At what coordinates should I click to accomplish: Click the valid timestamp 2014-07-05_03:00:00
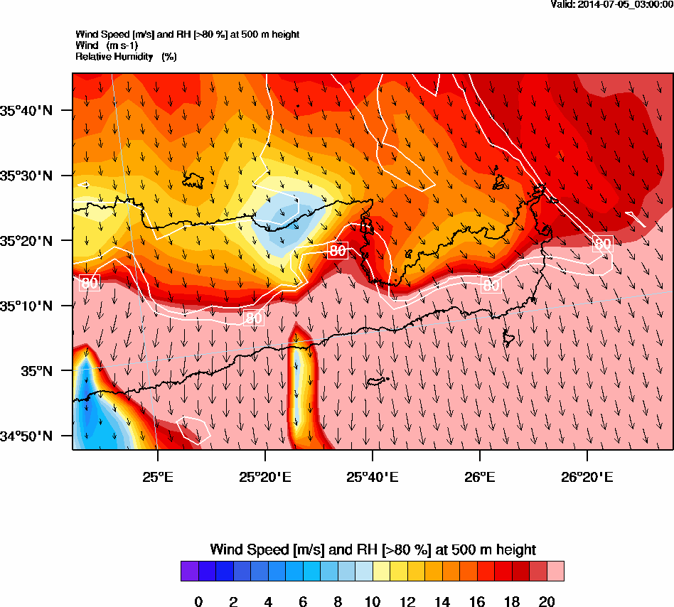[612, 4]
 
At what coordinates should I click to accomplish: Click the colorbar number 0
[198, 602]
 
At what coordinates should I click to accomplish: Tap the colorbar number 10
[373, 602]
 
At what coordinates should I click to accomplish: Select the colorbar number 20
[547, 602]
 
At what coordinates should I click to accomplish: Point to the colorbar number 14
[442, 602]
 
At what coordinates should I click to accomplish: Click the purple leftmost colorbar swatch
[190, 571]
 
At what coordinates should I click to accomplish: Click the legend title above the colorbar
[373, 549]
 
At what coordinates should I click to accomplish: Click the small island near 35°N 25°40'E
[377, 382]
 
